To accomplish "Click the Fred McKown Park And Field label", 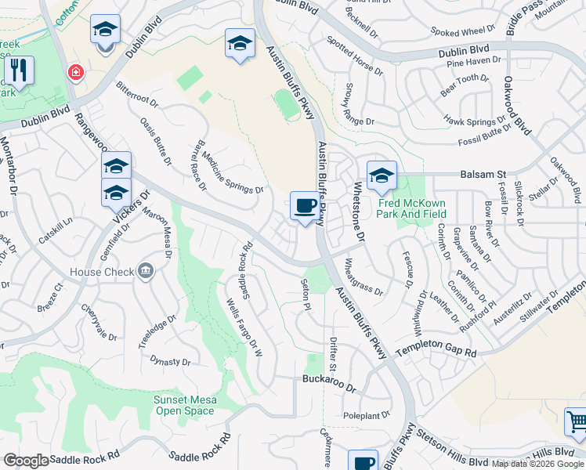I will (412, 208).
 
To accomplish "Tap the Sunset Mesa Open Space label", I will (185, 405).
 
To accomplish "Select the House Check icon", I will (145, 272).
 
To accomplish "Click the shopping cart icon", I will (576, 421).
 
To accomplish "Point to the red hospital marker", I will (75, 73).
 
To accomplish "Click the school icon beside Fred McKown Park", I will (382, 176).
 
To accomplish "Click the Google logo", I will (26, 461).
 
